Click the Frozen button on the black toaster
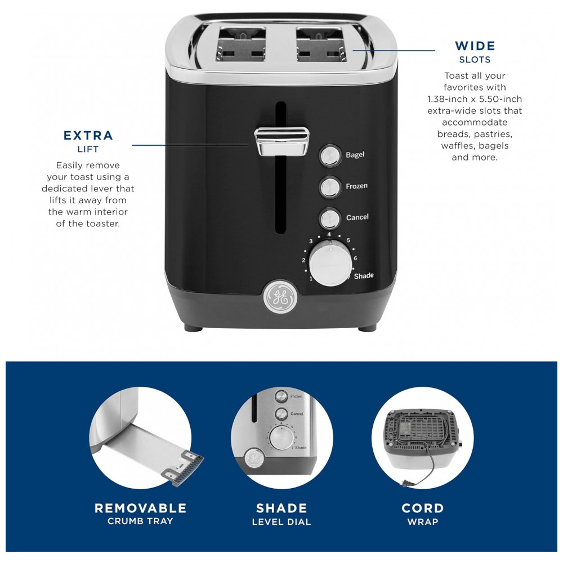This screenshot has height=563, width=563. [x=330, y=187]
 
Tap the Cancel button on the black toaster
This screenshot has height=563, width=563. [x=330, y=218]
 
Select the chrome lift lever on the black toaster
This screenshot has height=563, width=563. [x=281, y=142]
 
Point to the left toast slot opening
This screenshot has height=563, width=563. [x=241, y=44]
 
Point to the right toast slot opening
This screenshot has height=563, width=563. [x=321, y=44]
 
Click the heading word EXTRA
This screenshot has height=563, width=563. [x=88, y=135]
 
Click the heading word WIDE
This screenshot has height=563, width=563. [x=475, y=46]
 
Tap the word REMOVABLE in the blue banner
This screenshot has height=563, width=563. [x=140, y=508]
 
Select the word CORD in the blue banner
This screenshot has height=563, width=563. [x=423, y=508]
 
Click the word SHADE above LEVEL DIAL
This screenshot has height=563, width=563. [x=281, y=508]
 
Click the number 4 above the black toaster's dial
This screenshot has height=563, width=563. [x=329, y=234]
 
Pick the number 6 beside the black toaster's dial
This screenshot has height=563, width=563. [x=355, y=258]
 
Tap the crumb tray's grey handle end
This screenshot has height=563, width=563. [x=184, y=468]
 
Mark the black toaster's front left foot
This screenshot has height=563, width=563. [x=194, y=328]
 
